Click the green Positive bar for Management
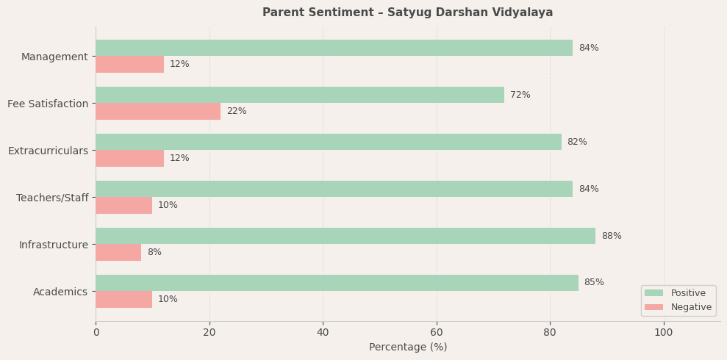[334, 48]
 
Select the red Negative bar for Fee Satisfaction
[158, 111]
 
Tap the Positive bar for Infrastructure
[345, 236]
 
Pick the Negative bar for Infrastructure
[118, 252]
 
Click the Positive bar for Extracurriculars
[329, 142]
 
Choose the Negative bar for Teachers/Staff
[123, 205]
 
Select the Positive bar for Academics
[337, 283]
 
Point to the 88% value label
[612, 236]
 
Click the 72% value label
[520, 95]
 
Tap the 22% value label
[237, 111]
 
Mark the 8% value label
[154, 252]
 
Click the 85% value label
[594, 283]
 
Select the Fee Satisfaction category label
[48, 104]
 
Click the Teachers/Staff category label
[52, 198]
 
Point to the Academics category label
[60, 292]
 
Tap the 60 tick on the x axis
[437, 332]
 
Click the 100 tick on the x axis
[664, 332]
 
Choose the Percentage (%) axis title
[408, 347]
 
